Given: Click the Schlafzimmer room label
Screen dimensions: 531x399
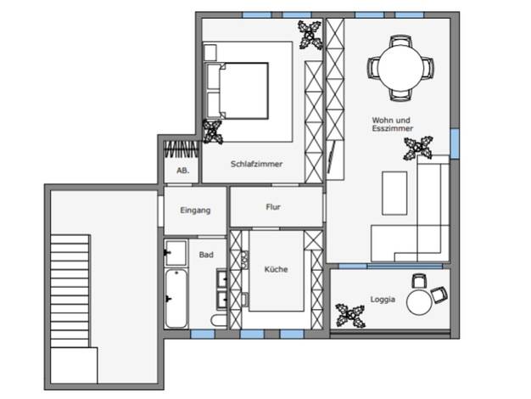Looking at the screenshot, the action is [x=256, y=164].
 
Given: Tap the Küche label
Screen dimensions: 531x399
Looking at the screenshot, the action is [x=276, y=269].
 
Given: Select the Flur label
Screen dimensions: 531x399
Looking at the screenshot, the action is [x=273, y=207].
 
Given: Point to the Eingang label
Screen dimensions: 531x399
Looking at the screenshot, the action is [x=195, y=211].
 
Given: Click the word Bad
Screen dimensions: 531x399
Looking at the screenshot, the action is [x=206, y=255].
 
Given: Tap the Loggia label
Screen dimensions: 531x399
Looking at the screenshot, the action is [x=383, y=300].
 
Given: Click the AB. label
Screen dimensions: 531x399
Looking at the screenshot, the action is [x=183, y=171].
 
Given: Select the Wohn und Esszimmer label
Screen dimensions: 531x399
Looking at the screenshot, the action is [x=392, y=124].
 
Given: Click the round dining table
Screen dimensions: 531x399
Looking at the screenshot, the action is [x=400, y=68].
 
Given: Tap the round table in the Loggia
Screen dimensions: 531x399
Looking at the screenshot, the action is [x=419, y=302].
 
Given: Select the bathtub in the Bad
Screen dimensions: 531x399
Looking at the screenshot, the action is [x=176, y=298].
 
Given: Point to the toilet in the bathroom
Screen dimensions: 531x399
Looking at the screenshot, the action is [x=219, y=321].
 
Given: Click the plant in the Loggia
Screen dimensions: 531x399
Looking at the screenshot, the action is [x=349, y=316].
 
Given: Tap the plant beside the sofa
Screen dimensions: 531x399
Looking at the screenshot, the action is [x=418, y=148].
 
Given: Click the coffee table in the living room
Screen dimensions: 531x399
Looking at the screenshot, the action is [x=394, y=194].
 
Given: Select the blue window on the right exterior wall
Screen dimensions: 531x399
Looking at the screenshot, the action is [x=455, y=143].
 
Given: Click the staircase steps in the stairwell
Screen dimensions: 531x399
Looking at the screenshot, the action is [x=70, y=291].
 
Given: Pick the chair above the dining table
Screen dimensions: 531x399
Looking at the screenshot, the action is [x=400, y=41].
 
